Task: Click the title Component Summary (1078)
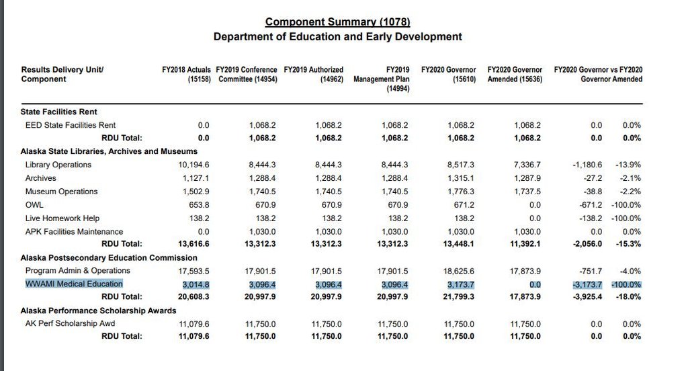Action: (x=337, y=22)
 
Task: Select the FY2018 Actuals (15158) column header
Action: (x=186, y=74)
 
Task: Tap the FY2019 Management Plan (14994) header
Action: (x=382, y=79)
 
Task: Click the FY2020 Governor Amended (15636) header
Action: (x=515, y=74)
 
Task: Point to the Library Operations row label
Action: (x=58, y=165)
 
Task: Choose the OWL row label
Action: (x=34, y=204)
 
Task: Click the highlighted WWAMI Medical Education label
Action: (x=74, y=284)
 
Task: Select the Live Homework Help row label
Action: (x=62, y=218)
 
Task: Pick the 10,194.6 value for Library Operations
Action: (x=193, y=165)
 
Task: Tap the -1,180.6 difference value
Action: (x=587, y=165)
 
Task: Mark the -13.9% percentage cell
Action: (x=628, y=165)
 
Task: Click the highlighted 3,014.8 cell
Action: (x=196, y=284)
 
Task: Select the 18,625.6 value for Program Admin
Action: (x=458, y=272)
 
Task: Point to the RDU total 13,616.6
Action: (x=193, y=244)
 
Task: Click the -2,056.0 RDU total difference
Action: (x=587, y=244)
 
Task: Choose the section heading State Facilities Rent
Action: (x=59, y=112)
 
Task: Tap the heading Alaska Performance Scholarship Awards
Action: (x=98, y=311)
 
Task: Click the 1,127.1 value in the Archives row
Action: (x=196, y=178)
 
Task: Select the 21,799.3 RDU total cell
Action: (x=458, y=297)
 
